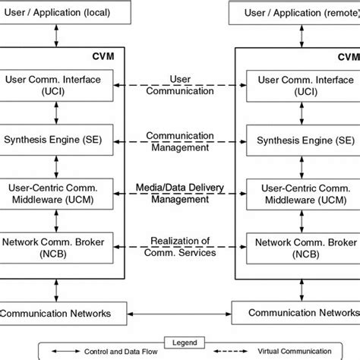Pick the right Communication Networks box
[x=296, y=312]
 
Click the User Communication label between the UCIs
[x=179, y=84]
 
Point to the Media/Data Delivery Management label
[x=179, y=192]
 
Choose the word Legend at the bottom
[x=179, y=341]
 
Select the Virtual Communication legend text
[x=281, y=353]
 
